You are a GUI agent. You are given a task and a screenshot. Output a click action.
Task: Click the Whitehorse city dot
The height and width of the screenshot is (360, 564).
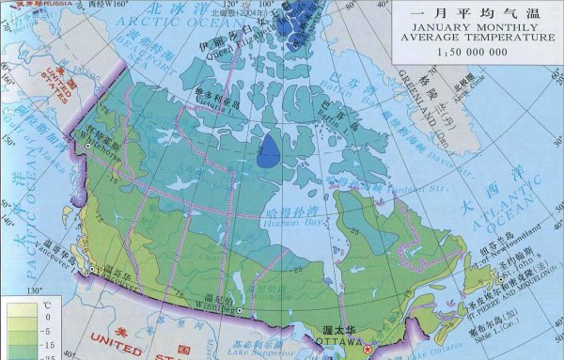tap(86, 147)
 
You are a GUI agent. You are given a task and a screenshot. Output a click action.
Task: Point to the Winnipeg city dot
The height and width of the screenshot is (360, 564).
tap(241, 311)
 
